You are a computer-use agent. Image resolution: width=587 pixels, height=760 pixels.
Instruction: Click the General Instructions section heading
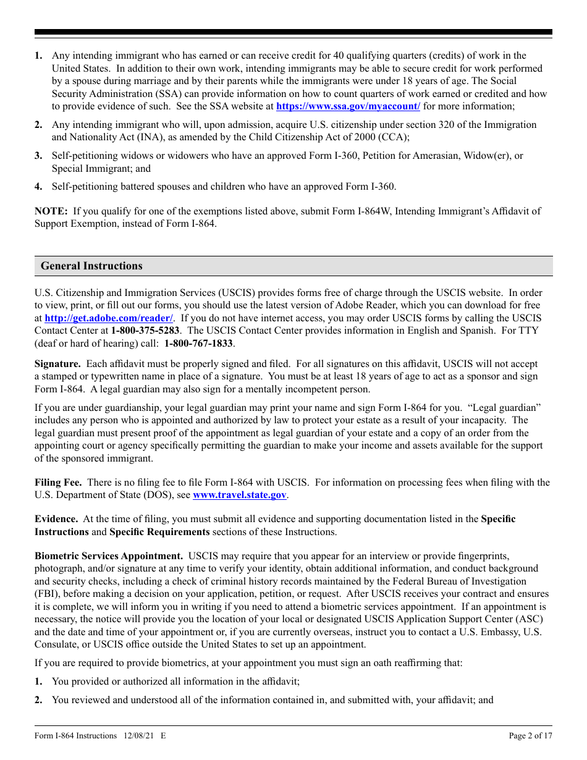pyautogui.click(x=91, y=266)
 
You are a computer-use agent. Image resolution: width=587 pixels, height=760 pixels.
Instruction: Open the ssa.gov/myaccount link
pyautogui.click(x=348, y=106)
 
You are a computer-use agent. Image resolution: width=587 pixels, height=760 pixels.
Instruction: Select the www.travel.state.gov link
pyautogui.click(x=240, y=495)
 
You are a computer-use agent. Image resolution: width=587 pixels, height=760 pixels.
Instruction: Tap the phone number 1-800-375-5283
pyautogui.click(x=145, y=331)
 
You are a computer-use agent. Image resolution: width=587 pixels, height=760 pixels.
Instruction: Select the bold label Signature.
pyautogui.click(x=57, y=364)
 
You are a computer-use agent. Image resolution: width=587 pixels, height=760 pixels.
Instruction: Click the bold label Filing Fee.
pyautogui.click(x=60, y=483)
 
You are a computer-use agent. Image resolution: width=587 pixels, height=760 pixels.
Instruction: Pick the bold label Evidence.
pyautogui.click(x=56, y=519)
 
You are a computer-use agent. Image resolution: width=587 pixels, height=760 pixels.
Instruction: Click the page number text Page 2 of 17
pyautogui.click(x=530, y=735)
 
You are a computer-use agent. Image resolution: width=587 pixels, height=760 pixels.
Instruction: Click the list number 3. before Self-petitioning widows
pyautogui.click(x=38, y=156)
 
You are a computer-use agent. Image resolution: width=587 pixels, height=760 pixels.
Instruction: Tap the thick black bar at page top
pyautogui.click(x=293, y=32)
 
